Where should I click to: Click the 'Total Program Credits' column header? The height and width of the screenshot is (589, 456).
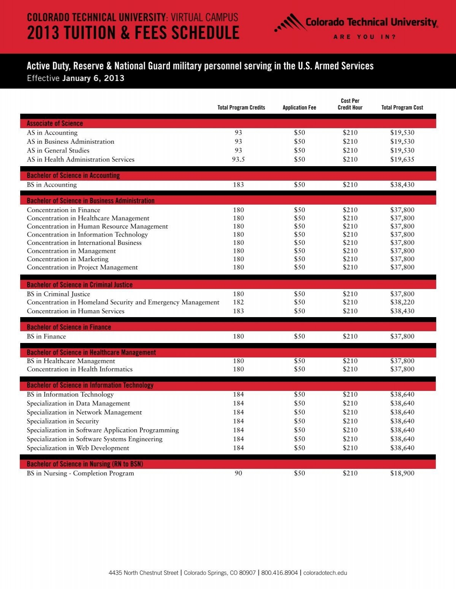[x=241, y=108]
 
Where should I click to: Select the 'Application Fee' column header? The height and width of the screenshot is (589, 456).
[x=299, y=108]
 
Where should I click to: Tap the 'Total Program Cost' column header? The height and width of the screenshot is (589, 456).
[x=402, y=108]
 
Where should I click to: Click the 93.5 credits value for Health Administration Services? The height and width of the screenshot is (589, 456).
[x=238, y=159]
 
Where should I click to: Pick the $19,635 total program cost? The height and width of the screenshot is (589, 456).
[x=402, y=159]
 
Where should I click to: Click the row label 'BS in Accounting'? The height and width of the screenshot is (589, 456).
[x=52, y=185]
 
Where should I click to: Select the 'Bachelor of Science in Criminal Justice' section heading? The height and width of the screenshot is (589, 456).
[x=79, y=285]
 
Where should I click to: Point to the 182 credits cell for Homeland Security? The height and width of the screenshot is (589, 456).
[x=238, y=302]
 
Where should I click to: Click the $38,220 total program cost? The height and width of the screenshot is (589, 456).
[x=402, y=302]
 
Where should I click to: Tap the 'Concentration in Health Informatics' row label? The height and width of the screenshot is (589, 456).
[x=79, y=369]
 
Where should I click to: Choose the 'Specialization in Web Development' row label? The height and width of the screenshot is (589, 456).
[x=78, y=448]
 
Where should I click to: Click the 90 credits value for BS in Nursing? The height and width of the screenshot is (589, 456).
[x=238, y=473]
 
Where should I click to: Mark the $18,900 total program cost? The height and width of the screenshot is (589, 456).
[x=402, y=473]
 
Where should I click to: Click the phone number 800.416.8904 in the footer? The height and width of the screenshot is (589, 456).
[x=279, y=573]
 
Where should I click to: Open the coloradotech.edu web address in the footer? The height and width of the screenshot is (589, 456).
[x=325, y=573]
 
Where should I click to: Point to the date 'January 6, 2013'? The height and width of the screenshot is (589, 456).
[x=93, y=78]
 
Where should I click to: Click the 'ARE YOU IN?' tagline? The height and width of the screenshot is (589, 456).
[x=365, y=37]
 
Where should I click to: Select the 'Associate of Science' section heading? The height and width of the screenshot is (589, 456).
[x=55, y=124]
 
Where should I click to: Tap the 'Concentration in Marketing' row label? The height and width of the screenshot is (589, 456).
[x=68, y=259]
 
